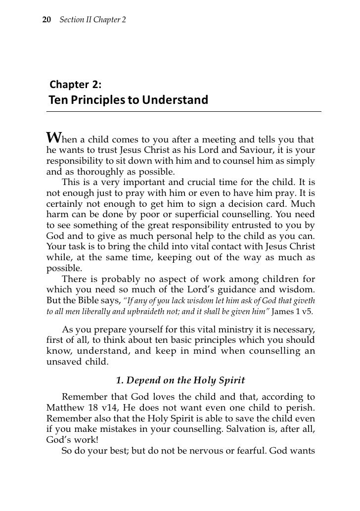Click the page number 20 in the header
(x=47, y=18)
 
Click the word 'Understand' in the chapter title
(x=176, y=100)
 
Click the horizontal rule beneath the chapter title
(x=183, y=112)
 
